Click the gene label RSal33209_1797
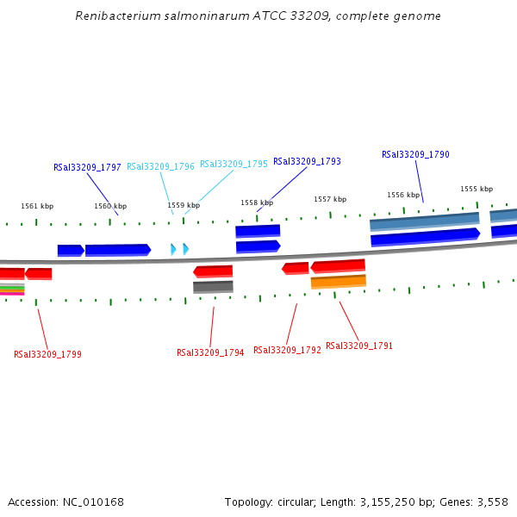point(87,167)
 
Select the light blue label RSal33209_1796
point(160,166)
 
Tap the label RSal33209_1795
point(234,164)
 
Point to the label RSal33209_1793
point(307,161)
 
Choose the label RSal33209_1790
point(415,155)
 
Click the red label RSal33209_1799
point(47,354)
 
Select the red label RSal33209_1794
point(210,352)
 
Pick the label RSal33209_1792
point(287,350)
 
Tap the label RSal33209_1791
point(359,346)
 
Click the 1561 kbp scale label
point(37,206)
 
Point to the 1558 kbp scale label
point(257,202)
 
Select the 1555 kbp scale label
point(477,189)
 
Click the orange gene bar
point(338,281)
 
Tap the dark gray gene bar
point(213,286)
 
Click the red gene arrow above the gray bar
point(213,271)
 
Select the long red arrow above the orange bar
point(338,265)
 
